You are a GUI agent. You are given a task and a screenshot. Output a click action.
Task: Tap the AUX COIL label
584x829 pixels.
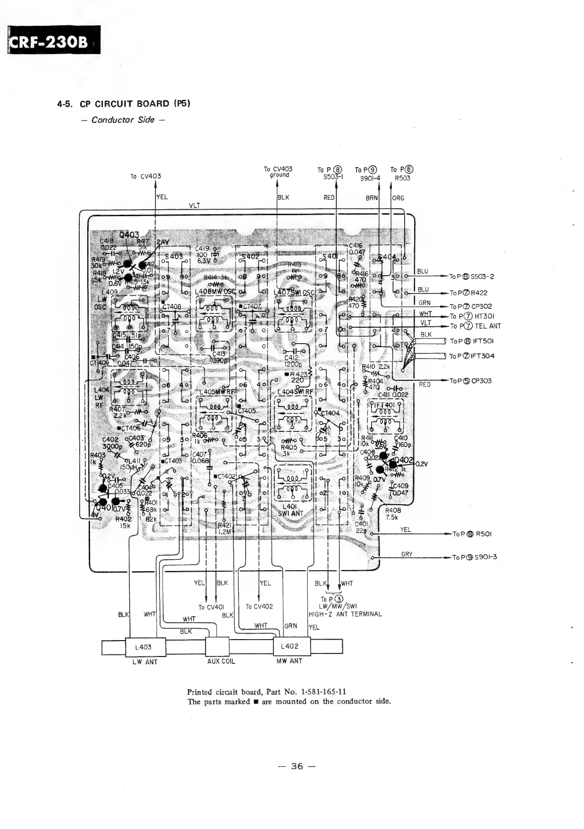pos(220,661)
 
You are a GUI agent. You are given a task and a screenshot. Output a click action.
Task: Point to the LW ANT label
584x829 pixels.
pos(145,662)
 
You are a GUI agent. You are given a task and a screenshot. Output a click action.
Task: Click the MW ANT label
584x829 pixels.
pos(289,661)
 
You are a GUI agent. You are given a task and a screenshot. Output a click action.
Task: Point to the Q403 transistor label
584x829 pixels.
pos(129,235)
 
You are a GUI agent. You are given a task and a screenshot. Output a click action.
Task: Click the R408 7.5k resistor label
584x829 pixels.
pos(393,514)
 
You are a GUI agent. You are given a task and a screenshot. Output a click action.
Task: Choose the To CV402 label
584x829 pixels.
pos(259,606)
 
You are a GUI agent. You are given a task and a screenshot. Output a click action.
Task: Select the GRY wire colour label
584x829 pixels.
pos(407,554)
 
